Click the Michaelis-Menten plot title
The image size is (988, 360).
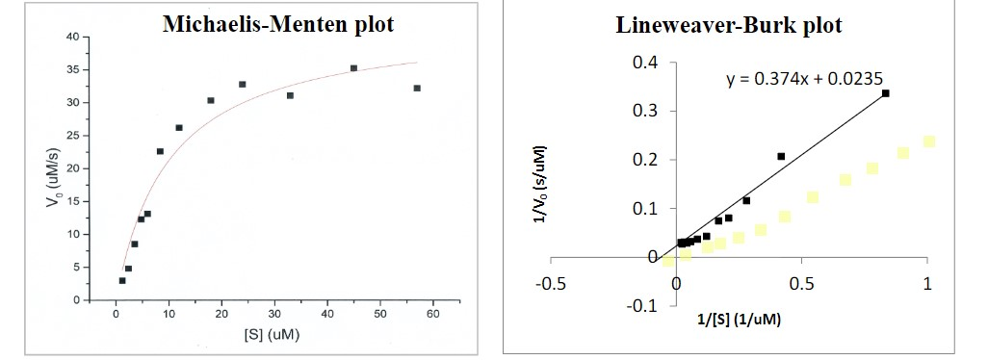[278, 24]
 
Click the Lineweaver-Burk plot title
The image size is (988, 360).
[728, 26]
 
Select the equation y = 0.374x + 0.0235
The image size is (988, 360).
[804, 79]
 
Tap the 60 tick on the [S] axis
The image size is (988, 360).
[433, 315]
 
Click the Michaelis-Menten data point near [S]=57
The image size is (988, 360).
[417, 88]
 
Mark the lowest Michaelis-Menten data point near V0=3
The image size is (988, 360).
[122, 280]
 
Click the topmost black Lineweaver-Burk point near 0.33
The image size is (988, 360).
[885, 93]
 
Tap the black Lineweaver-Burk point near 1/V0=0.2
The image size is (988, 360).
[781, 156]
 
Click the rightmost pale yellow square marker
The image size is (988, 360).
[928, 141]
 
